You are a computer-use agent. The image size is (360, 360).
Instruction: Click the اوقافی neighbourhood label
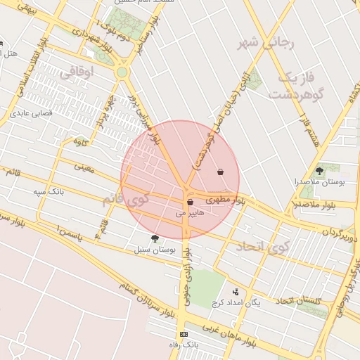[x=77, y=71]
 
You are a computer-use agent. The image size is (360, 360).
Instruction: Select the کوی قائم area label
[x=127, y=200]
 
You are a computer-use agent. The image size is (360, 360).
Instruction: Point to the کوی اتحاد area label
[x=262, y=246]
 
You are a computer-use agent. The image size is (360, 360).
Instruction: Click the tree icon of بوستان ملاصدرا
[x=319, y=170]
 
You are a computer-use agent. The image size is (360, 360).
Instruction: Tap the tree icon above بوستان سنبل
[x=155, y=238]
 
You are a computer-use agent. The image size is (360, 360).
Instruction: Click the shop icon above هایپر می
[x=190, y=202]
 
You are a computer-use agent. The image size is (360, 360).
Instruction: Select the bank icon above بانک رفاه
[x=184, y=334]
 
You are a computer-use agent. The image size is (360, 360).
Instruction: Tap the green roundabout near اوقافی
[x=122, y=72]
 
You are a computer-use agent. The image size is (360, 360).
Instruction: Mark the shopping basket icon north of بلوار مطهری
[x=221, y=172]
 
